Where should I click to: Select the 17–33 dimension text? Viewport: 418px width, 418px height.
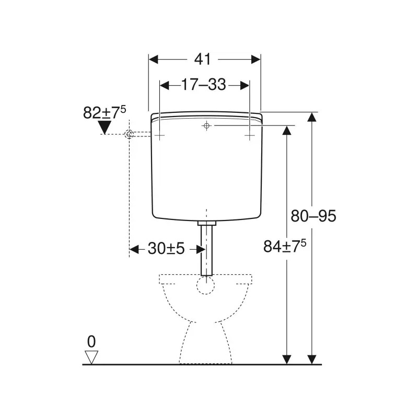click(x=204, y=85)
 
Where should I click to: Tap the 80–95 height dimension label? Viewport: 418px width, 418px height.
click(x=313, y=216)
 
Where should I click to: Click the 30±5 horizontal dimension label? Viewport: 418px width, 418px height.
click(x=166, y=249)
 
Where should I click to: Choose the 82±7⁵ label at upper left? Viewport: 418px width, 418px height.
click(x=104, y=112)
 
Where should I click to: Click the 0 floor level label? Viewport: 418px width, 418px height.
click(x=91, y=342)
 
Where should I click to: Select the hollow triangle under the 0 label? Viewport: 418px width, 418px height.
click(x=92, y=357)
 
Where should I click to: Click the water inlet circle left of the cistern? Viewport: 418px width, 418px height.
click(x=129, y=135)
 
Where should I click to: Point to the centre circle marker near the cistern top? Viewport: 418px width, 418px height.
click(x=207, y=126)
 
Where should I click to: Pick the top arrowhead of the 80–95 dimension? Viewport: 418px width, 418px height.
click(x=312, y=117)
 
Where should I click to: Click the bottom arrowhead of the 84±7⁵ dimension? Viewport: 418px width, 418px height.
click(x=286, y=359)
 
